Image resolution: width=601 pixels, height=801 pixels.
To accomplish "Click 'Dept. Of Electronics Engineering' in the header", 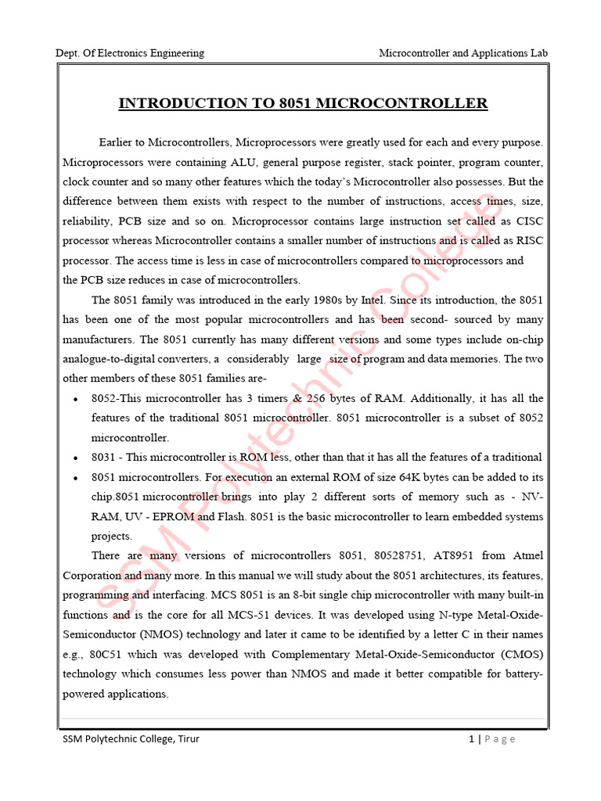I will tap(130, 53).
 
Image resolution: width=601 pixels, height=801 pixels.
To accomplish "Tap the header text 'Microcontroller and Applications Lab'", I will tap(463, 53).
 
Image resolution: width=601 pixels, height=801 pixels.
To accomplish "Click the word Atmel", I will tap(528, 555).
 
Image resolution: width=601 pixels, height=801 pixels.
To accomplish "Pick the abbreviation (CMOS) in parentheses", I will tap(517, 654).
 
